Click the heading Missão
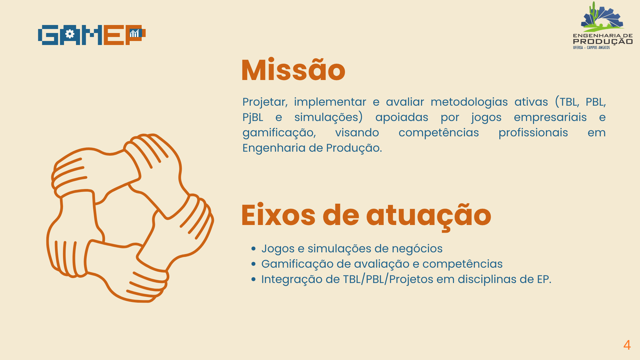(x=293, y=70)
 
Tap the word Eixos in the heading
(x=278, y=215)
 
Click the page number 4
(x=627, y=345)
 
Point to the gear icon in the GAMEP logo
(x=70, y=34)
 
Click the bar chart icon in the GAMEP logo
(x=134, y=33)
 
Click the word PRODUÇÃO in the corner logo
(x=603, y=42)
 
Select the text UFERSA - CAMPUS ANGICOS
(x=591, y=48)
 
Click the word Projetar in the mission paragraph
(x=265, y=102)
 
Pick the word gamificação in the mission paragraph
(x=279, y=133)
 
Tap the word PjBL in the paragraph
(x=253, y=117)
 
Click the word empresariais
(x=550, y=117)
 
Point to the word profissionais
(x=533, y=133)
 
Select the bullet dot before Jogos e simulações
(x=254, y=249)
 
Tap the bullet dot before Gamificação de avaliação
(x=254, y=264)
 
